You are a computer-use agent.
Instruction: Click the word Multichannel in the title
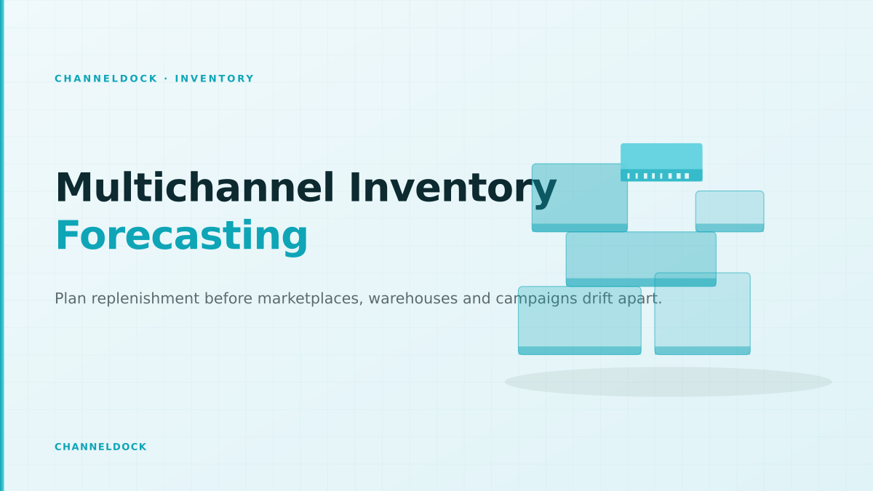(195, 188)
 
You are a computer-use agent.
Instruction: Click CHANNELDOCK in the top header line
(106, 79)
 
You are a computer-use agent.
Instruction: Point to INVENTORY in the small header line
(215, 79)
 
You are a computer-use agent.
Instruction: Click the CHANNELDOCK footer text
(100, 447)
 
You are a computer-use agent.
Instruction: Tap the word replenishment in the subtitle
(145, 299)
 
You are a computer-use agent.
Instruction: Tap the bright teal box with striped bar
(661, 162)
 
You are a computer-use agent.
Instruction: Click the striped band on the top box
(661, 176)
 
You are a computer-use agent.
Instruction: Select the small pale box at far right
(730, 211)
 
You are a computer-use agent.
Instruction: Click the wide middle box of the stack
(641, 259)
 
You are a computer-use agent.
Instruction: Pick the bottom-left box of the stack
(580, 321)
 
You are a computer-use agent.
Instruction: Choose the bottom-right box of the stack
(702, 314)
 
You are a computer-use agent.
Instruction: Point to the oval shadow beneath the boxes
(668, 382)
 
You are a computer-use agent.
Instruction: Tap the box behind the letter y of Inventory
(580, 198)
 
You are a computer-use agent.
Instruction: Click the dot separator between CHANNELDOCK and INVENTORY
(167, 79)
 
